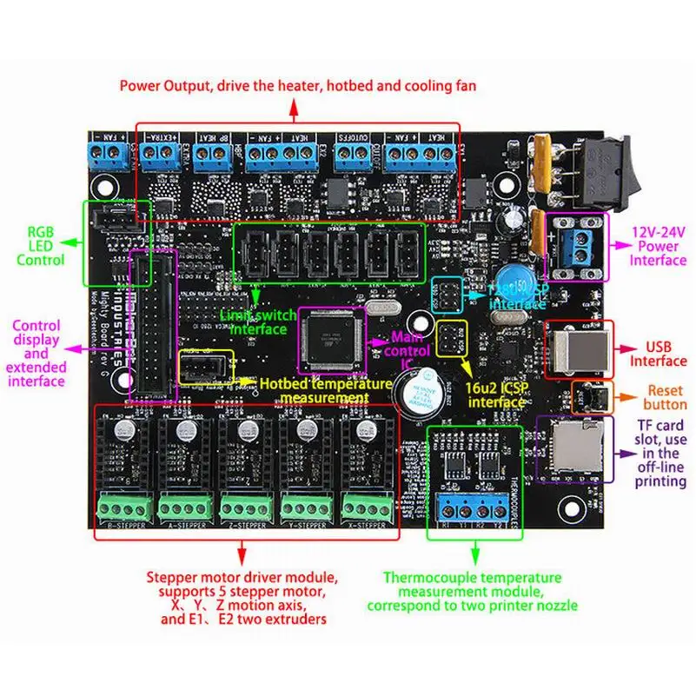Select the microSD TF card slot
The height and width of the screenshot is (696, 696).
point(566,448)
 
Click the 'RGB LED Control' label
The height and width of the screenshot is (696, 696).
point(39,246)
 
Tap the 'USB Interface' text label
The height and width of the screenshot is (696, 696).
point(657,355)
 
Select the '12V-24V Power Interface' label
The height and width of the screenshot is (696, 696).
point(658,247)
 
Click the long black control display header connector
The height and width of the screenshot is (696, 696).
point(152,325)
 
